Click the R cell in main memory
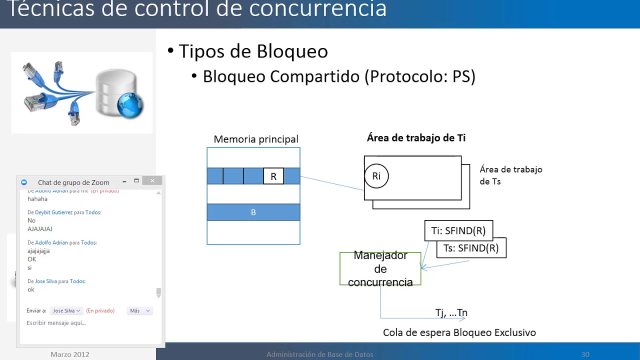click(x=273, y=176)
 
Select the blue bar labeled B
click(x=253, y=212)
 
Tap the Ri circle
click(x=376, y=176)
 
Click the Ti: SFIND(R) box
click(x=458, y=231)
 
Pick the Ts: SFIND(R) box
click(x=471, y=248)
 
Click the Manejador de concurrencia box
click(x=380, y=269)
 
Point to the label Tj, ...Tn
click(x=451, y=313)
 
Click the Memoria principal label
click(x=256, y=139)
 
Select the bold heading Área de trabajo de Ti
click(x=416, y=138)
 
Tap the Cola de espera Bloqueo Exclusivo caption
click(x=459, y=332)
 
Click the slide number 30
click(x=585, y=354)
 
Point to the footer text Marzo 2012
click(x=70, y=354)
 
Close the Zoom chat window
click(x=152, y=181)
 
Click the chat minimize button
click(x=124, y=181)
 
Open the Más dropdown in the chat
click(x=139, y=311)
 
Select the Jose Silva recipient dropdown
click(x=66, y=311)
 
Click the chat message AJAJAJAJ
click(x=40, y=229)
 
